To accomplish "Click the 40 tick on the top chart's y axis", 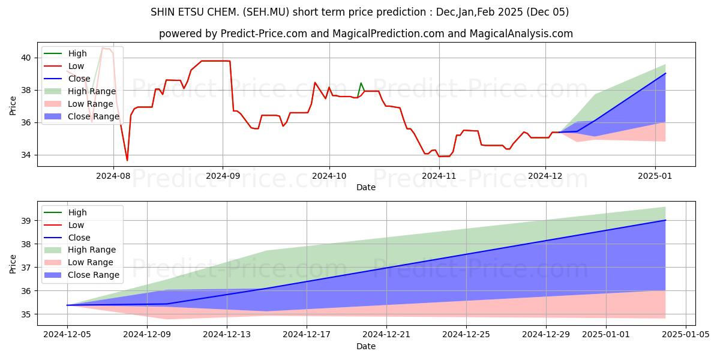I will click(x=26, y=58).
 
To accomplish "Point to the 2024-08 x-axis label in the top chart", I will click(x=113, y=176).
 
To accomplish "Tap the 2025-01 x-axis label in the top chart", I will click(x=655, y=176).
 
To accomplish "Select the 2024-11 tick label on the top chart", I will click(x=439, y=176).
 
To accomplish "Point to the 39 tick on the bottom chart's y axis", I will click(x=26, y=221).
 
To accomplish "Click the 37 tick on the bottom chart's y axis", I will click(x=26, y=268).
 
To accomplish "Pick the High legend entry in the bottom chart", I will click(x=77, y=212).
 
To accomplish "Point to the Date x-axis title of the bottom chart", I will click(x=366, y=346).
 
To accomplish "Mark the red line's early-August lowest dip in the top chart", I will click(x=127, y=160).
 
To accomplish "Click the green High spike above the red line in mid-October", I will click(x=361, y=83).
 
